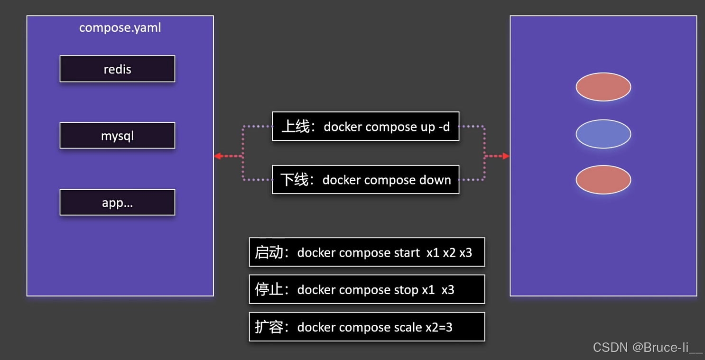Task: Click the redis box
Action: click(117, 69)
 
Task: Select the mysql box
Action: click(117, 136)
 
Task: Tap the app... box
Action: click(117, 203)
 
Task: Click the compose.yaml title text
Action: click(120, 28)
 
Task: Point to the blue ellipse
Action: click(603, 134)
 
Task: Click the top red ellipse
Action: click(603, 87)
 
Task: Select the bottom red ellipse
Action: click(603, 180)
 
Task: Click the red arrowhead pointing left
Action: click(217, 156)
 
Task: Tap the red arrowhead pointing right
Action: click(506, 156)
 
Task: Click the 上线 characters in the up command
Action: click(295, 127)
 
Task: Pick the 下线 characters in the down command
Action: click(294, 180)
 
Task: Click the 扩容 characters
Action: click(269, 327)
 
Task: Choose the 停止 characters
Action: click(269, 290)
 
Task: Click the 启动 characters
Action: click(269, 253)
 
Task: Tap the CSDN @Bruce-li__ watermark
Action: click(647, 348)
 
